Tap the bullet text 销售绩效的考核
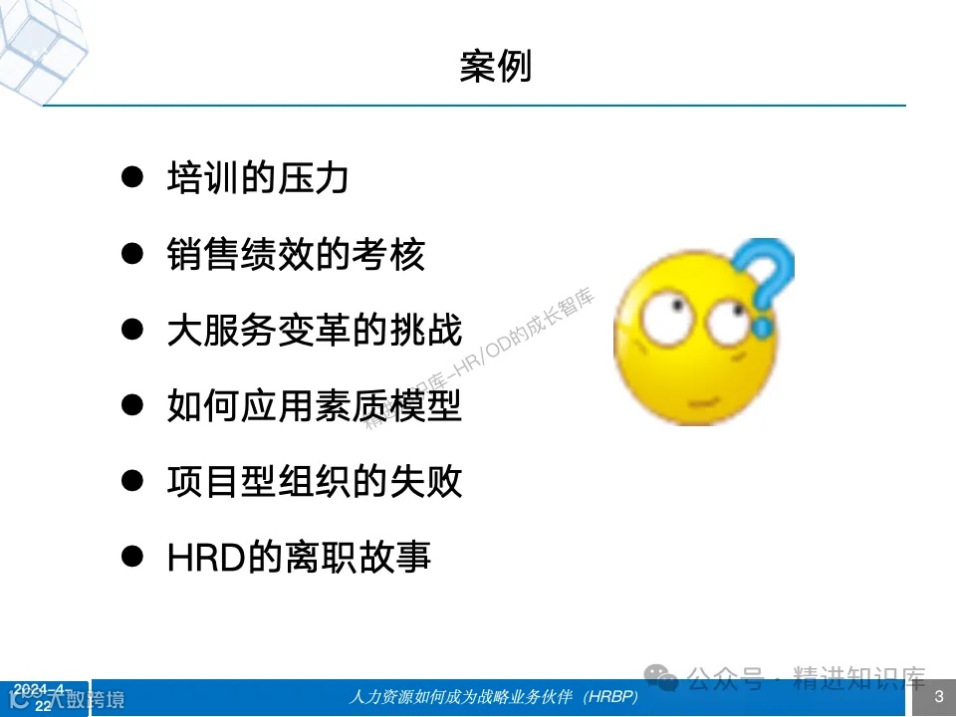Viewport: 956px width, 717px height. [297, 255]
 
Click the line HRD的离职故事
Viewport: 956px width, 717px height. [300, 558]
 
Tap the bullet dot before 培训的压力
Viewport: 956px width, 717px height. [130, 177]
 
